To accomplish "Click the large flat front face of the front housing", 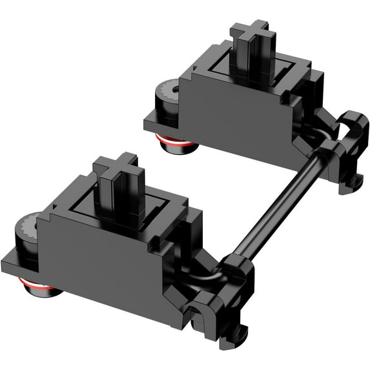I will pos(90,258).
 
